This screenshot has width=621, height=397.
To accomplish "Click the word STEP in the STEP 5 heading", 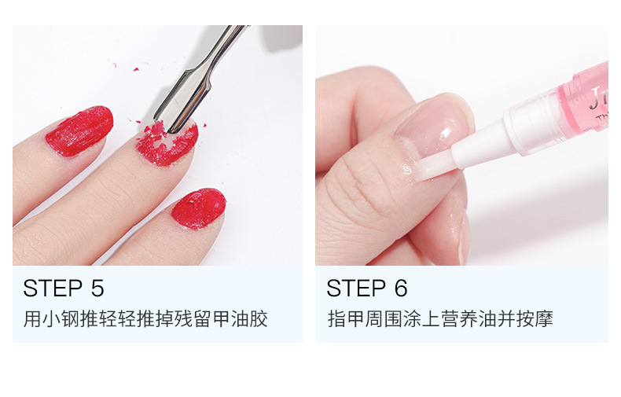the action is (x=53, y=288).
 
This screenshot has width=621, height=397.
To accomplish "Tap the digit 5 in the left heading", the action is (x=97, y=288).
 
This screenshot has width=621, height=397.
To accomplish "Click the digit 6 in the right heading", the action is (x=401, y=288).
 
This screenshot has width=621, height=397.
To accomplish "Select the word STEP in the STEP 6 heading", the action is (x=356, y=288).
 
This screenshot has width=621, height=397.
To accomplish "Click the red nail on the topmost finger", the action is (x=79, y=130).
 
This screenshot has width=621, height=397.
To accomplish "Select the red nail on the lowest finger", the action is (x=199, y=209).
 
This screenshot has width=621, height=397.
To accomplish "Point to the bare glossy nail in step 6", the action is (x=436, y=127).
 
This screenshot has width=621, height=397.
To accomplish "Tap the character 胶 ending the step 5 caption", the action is (x=259, y=319).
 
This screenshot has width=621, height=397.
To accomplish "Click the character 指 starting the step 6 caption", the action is (x=337, y=319).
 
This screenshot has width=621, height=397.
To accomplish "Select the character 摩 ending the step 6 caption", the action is (x=544, y=319).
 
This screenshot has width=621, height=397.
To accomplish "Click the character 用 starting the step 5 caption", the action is (x=32, y=319).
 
